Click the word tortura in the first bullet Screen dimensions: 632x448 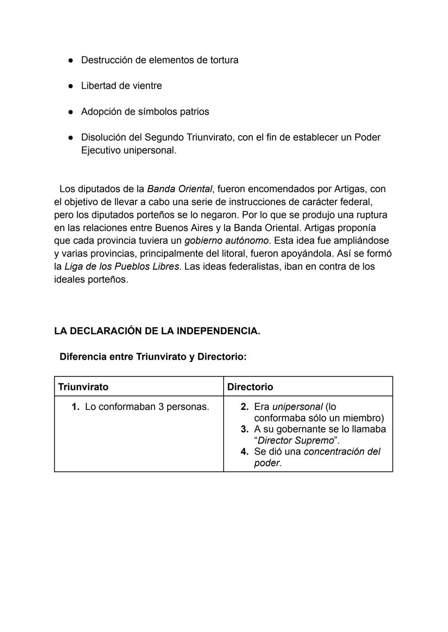[223, 60]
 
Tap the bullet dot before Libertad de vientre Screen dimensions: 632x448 [71, 86]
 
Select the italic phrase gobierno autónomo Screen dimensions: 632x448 [226, 240]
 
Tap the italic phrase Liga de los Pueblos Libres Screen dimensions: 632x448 [122, 266]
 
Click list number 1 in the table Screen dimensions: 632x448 [75, 407]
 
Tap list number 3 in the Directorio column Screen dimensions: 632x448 [244, 429]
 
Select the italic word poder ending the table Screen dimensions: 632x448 [267, 463]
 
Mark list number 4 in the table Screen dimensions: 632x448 [244, 452]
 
